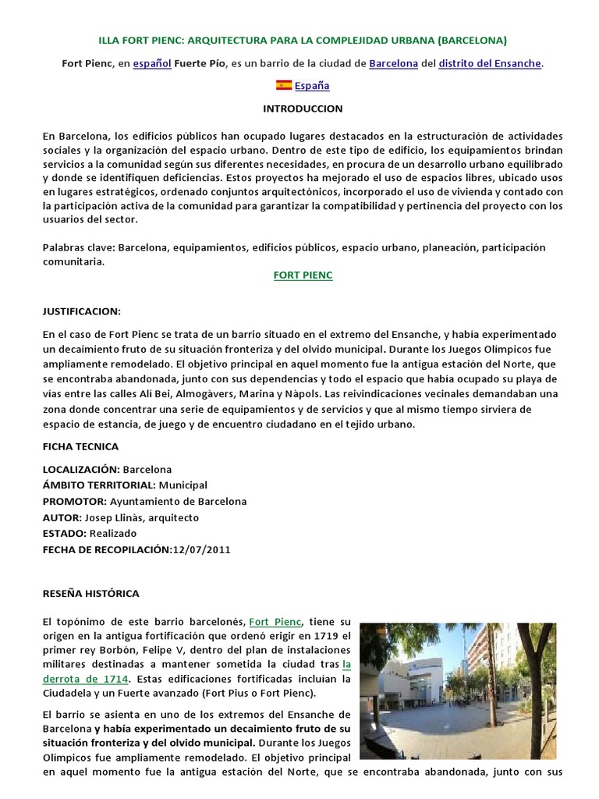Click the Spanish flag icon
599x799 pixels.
pyautogui.click(x=284, y=85)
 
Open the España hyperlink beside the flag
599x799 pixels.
pyautogui.click(x=312, y=86)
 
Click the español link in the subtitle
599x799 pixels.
pyautogui.click(x=152, y=63)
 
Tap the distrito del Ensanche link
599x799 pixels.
pyautogui.click(x=490, y=63)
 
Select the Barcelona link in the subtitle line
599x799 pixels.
pyautogui.click(x=394, y=63)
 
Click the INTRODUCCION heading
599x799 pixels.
pyautogui.click(x=303, y=108)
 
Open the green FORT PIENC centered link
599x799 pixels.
pyautogui.click(x=303, y=275)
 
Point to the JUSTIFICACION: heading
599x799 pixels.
pyautogui.click(x=82, y=311)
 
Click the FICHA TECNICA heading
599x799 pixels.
pyautogui.click(x=81, y=446)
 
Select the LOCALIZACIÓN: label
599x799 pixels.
pyautogui.click(x=81, y=470)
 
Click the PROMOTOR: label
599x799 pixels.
pyautogui.click(x=75, y=502)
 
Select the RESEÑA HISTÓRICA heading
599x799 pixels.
pyautogui.click(x=90, y=593)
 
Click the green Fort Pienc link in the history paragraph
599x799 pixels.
pyautogui.click(x=275, y=622)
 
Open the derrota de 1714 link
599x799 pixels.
pyautogui.click(x=86, y=679)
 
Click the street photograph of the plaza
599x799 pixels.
pyautogui.click(x=457, y=691)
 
